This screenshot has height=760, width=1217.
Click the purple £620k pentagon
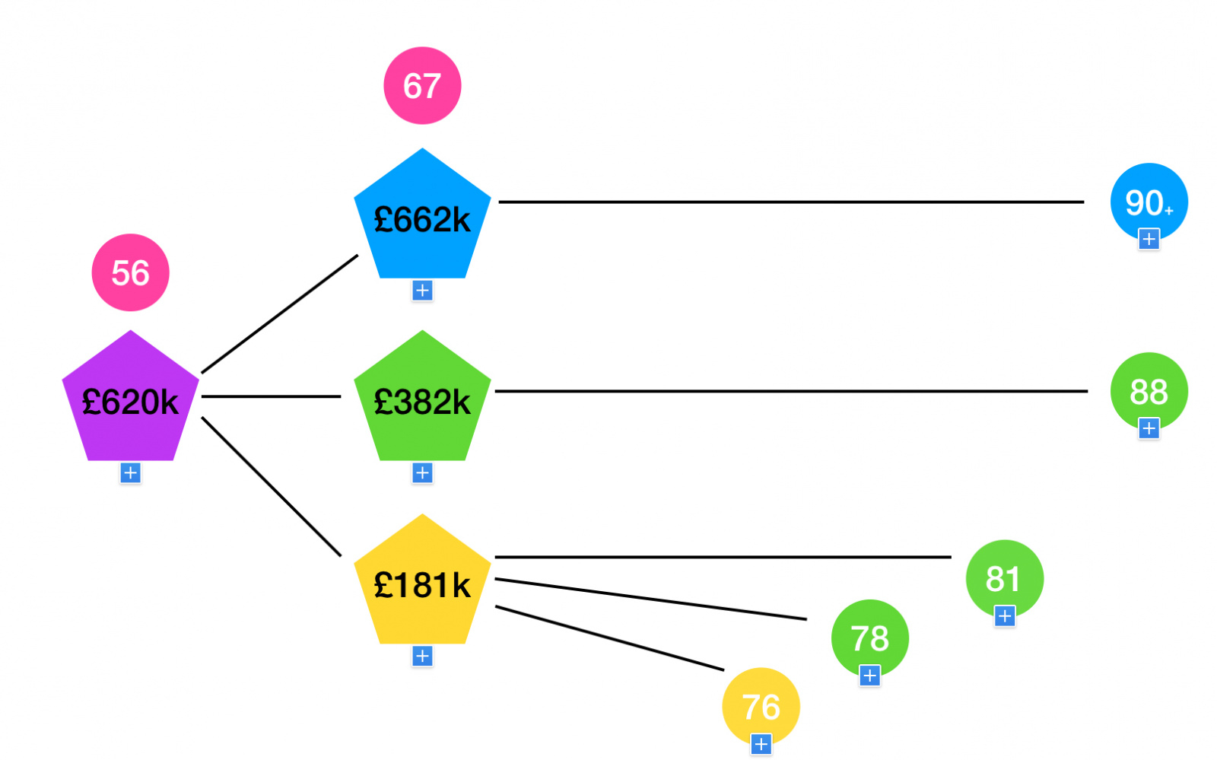(x=130, y=401)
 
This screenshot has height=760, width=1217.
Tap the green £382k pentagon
(x=422, y=401)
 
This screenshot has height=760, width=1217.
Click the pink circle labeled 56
(x=130, y=272)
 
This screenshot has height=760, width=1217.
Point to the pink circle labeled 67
(x=422, y=85)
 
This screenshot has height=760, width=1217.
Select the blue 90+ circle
(x=1149, y=199)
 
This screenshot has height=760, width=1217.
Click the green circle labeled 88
(x=1149, y=389)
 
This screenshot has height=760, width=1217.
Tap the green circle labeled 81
(x=1004, y=577)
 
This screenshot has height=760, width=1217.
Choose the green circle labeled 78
(x=869, y=636)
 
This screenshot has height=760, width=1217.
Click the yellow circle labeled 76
(x=761, y=704)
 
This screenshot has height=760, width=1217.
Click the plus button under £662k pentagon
(x=422, y=291)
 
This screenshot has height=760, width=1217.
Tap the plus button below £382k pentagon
(x=422, y=473)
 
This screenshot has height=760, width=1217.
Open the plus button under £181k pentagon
(x=422, y=656)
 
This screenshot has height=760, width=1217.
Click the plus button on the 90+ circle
(x=1149, y=239)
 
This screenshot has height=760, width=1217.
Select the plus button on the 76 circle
(x=761, y=744)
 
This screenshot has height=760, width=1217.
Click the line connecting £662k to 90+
(x=791, y=202)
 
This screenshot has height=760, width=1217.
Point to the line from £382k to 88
(x=791, y=391)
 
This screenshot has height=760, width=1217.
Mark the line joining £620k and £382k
(x=271, y=396)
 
